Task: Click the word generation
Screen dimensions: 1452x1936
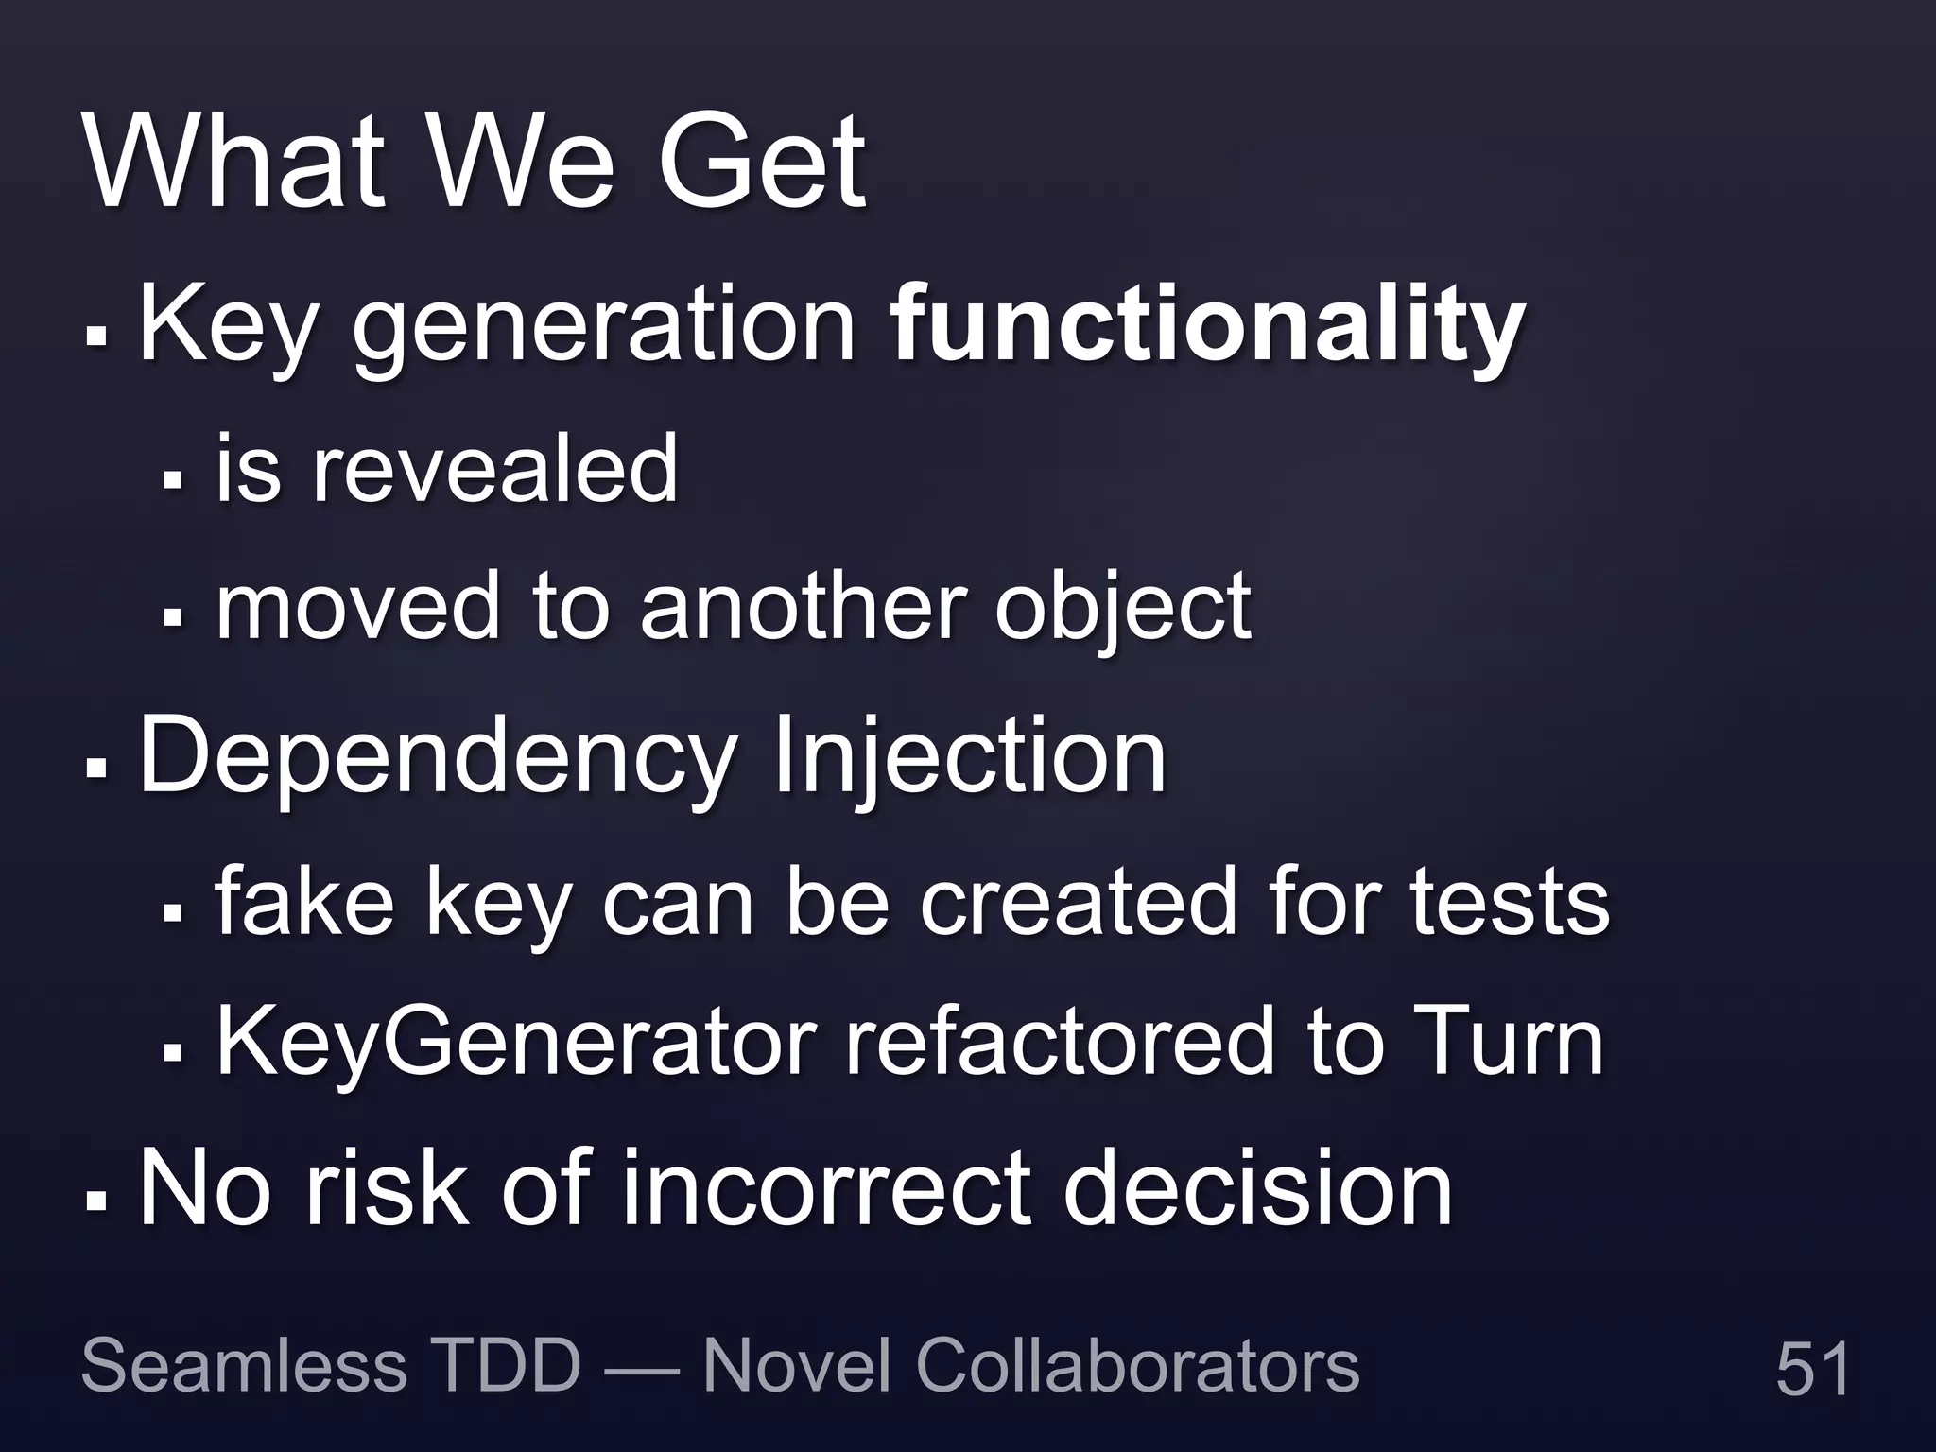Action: (605, 326)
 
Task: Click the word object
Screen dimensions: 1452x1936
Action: (1123, 610)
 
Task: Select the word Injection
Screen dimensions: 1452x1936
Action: (969, 756)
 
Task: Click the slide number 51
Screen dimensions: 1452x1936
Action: (1812, 1368)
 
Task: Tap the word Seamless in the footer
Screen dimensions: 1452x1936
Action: (244, 1365)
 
